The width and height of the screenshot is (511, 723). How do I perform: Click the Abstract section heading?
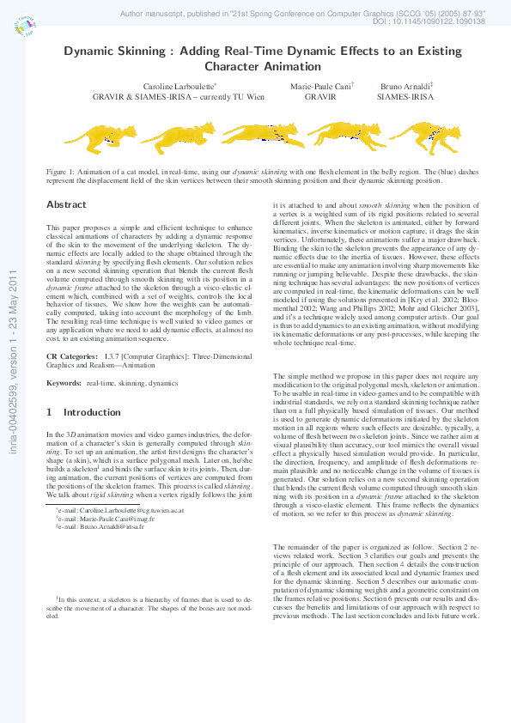point(66,205)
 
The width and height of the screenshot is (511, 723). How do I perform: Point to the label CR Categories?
point(70,355)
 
